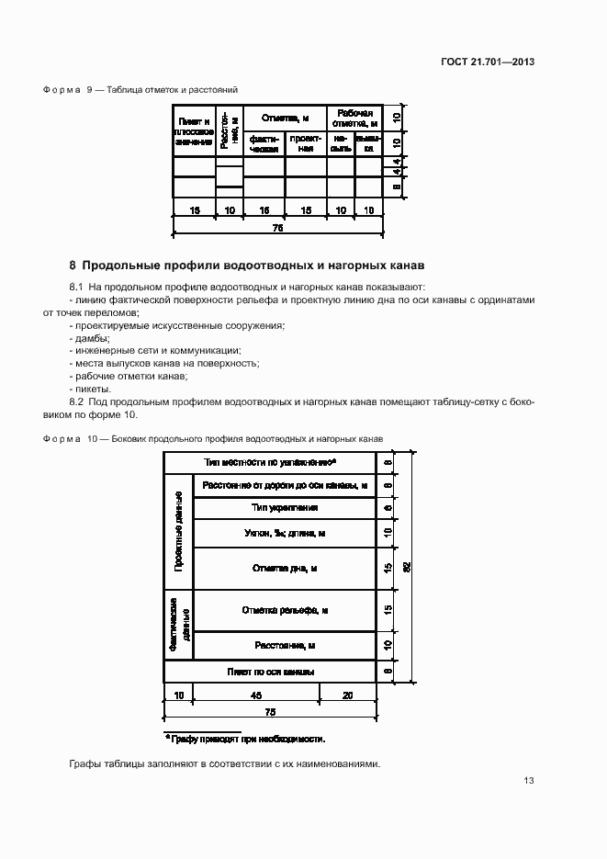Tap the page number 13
click(x=529, y=781)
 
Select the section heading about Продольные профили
click(x=247, y=266)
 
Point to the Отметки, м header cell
click(x=285, y=119)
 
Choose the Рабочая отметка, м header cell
click(x=354, y=118)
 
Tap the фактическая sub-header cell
click(x=264, y=144)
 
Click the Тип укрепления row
click(x=285, y=507)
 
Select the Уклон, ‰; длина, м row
click(x=285, y=533)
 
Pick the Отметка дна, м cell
click(x=285, y=569)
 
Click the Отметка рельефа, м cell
click(x=285, y=610)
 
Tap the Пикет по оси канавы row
click(x=271, y=672)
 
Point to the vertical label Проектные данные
click(x=179, y=532)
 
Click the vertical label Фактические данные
click(x=179, y=624)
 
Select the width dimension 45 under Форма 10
click(x=256, y=695)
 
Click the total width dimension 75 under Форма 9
click(x=278, y=226)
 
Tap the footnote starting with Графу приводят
click(x=245, y=738)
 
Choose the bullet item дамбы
click(x=87, y=338)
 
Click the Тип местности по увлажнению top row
click(x=270, y=462)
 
